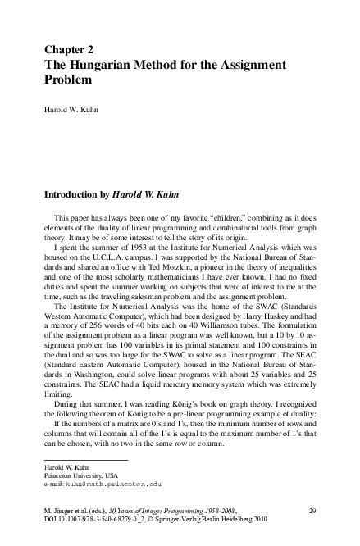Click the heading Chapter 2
click(66, 49)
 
